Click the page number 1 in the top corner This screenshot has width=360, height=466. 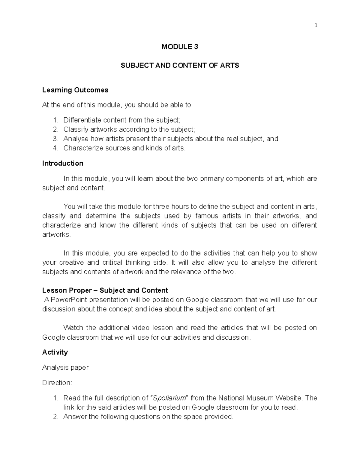point(316,26)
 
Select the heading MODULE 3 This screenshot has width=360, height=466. point(180,47)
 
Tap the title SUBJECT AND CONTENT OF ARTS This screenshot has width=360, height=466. point(180,65)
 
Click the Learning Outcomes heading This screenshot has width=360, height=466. point(75,90)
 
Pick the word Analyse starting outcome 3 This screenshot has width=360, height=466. point(76,139)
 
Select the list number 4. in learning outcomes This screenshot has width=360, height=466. point(55,148)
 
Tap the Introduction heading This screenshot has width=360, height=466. point(63,163)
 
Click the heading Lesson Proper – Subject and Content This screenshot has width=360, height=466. point(105,290)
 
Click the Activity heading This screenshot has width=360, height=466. point(55,352)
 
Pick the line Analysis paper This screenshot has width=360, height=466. point(65,368)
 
